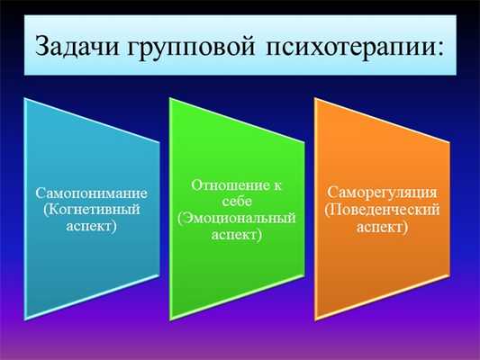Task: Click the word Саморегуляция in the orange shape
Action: (382, 193)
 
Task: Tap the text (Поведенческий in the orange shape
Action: (382, 210)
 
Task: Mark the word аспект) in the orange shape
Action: (382, 226)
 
